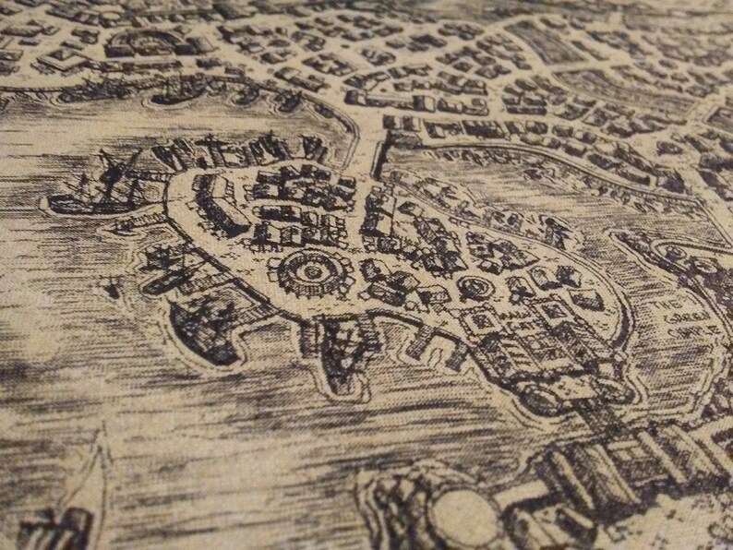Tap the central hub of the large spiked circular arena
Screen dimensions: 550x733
click(x=307, y=271)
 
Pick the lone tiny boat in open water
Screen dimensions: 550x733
click(x=113, y=290)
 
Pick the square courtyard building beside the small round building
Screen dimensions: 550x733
click(x=482, y=322)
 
